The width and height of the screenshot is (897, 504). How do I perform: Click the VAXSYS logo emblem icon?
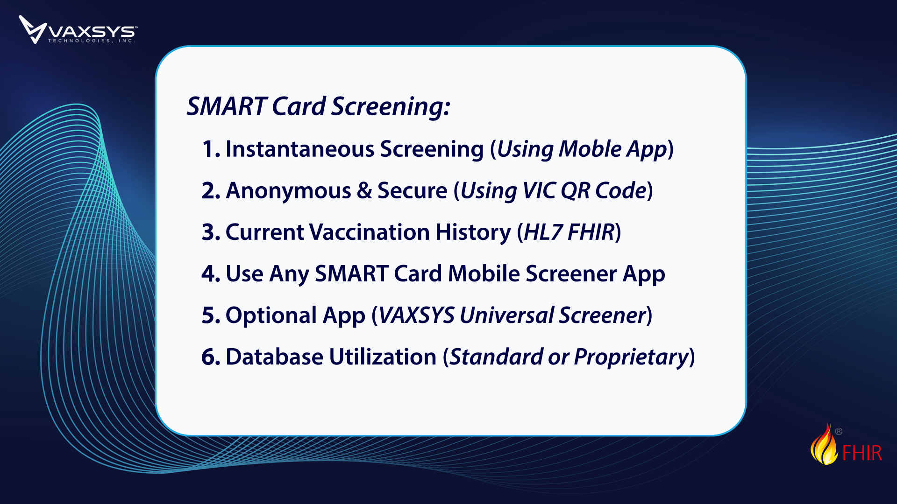point(32,29)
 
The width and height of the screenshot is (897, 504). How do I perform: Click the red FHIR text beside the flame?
point(862,453)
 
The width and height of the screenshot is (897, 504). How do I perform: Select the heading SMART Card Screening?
point(318,106)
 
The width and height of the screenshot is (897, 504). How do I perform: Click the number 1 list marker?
point(211,149)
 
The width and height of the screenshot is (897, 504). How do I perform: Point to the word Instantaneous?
point(300,149)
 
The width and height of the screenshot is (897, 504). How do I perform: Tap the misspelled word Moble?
point(590,149)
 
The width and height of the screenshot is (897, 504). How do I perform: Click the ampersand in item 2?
point(364,191)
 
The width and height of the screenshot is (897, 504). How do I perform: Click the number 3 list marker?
point(211,232)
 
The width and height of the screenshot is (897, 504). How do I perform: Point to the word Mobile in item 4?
point(484,274)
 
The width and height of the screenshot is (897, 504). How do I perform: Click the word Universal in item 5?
point(506,315)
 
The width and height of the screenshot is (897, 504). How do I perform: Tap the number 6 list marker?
point(211,357)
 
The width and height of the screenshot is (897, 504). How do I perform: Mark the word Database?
point(274,357)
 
